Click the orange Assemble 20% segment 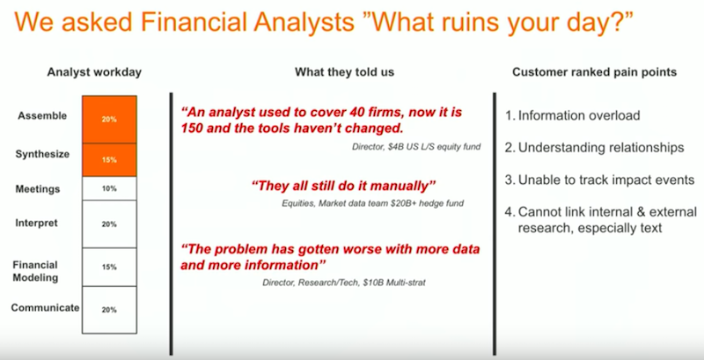109,120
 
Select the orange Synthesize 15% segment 109,160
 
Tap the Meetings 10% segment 109,188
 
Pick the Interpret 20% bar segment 109,224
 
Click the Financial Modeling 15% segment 109,267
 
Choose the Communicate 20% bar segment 109,310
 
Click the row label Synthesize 42,155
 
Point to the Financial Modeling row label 35,271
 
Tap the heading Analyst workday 94,72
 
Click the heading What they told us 344,72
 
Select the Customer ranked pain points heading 595,72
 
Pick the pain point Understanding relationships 595,148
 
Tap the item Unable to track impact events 600,180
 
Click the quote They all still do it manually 344,186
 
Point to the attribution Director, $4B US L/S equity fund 416,147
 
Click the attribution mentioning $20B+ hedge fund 372,203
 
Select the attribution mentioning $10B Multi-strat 344,283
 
